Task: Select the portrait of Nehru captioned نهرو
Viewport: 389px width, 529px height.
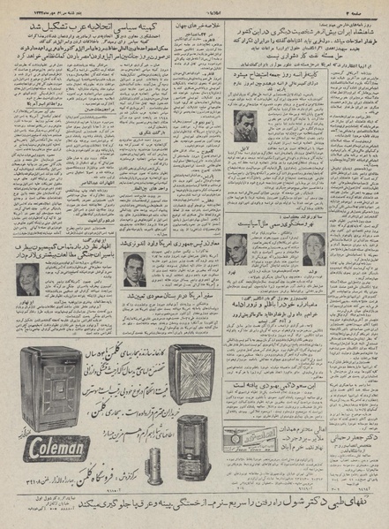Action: tap(236, 250)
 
